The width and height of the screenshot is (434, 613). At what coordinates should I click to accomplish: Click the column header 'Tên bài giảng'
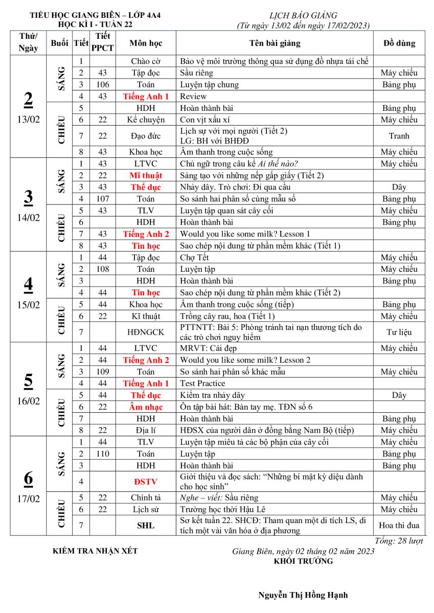[275, 43]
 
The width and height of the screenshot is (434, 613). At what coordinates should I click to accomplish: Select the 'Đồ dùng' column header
[399, 43]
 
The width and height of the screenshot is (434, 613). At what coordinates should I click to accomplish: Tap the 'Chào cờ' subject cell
[146, 61]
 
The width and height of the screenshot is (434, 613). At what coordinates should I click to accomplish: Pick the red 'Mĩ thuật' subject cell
[146, 176]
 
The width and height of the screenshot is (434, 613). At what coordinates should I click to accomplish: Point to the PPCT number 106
[103, 85]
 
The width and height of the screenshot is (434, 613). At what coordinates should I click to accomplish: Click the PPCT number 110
[103, 454]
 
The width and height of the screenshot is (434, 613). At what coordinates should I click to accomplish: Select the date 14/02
[28, 217]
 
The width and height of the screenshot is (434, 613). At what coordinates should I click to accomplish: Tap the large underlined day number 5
[28, 381]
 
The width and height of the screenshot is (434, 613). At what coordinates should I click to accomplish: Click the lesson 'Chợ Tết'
[194, 257]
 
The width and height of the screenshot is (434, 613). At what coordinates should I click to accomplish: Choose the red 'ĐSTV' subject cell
[146, 481]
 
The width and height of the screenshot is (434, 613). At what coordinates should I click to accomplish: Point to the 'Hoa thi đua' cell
[399, 525]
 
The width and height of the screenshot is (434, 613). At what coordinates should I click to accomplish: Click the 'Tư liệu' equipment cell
[399, 332]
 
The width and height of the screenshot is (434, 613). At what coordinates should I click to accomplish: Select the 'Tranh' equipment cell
[399, 136]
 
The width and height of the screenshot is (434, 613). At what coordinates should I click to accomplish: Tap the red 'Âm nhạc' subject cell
[146, 407]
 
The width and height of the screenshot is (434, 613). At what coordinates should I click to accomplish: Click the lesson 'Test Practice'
[202, 383]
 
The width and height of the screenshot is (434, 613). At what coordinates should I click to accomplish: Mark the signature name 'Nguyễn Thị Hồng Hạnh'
[303, 595]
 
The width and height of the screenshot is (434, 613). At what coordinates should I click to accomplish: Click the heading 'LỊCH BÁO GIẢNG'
[303, 16]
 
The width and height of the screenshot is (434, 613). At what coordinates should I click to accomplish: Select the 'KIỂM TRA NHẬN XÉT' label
[95, 551]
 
